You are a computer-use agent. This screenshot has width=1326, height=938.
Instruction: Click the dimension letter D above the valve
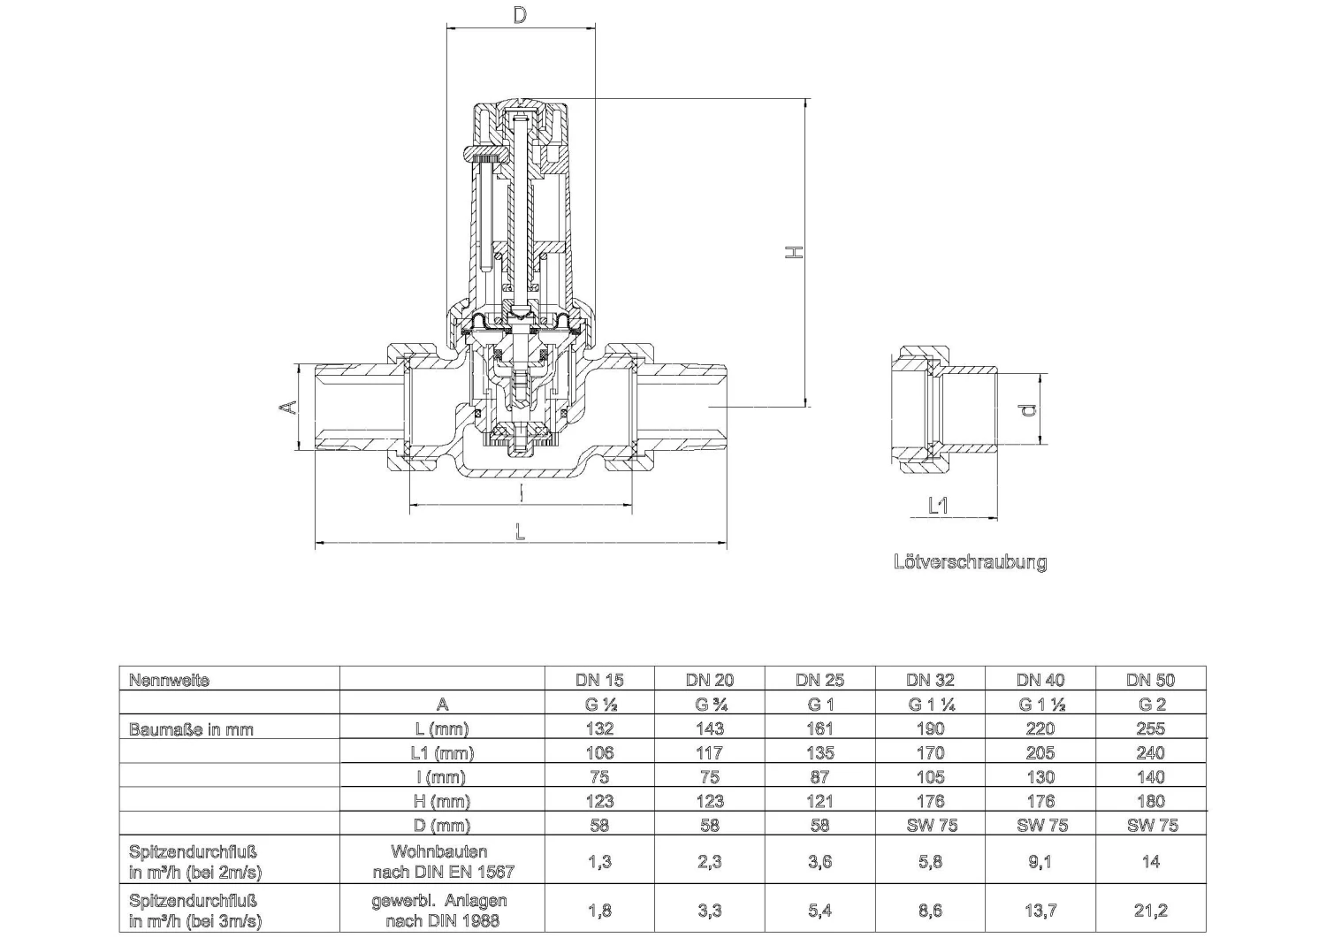pyautogui.click(x=520, y=15)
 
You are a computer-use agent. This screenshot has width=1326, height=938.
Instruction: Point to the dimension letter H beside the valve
pyautogui.click(x=796, y=253)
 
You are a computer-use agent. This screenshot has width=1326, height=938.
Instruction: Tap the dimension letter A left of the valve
pyautogui.click(x=287, y=408)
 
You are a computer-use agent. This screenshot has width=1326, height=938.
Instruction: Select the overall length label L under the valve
pyautogui.click(x=521, y=532)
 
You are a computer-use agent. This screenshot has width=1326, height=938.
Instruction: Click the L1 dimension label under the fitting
pyautogui.click(x=938, y=505)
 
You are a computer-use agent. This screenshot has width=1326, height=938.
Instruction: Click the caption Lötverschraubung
pyautogui.click(x=970, y=562)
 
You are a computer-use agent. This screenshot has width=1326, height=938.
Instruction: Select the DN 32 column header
pyautogui.click(x=930, y=680)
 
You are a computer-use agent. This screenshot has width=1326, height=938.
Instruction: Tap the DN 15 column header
pyautogui.click(x=599, y=680)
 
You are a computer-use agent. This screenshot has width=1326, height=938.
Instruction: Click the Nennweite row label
pyautogui.click(x=169, y=680)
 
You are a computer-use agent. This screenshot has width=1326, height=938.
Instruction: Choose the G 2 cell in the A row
pyautogui.click(x=1150, y=705)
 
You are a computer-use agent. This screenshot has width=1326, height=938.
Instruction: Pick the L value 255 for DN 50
pyautogui.click(x=1150, y=728)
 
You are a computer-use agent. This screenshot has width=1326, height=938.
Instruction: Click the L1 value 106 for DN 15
pyautogui.click(x=599, y=753)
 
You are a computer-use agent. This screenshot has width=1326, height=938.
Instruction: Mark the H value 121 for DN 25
pyautogui.click(x=819, y=801)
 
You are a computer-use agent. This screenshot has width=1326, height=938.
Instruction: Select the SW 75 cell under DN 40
pyautogui.click(x=1040, y=825)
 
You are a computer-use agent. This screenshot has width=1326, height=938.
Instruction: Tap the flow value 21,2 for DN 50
pyautogui.click(x=1150, y=910)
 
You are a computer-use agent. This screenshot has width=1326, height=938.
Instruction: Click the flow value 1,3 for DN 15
pyautogui.click(x=599, y=861)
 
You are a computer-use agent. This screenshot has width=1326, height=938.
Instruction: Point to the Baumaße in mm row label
pyautogui.click(x=191, y=729)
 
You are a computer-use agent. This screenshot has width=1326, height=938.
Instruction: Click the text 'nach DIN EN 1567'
pyautogui.click(x=438, y=872)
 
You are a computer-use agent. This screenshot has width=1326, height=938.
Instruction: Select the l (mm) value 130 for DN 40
pyautogui.click(x=1040, y=777)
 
